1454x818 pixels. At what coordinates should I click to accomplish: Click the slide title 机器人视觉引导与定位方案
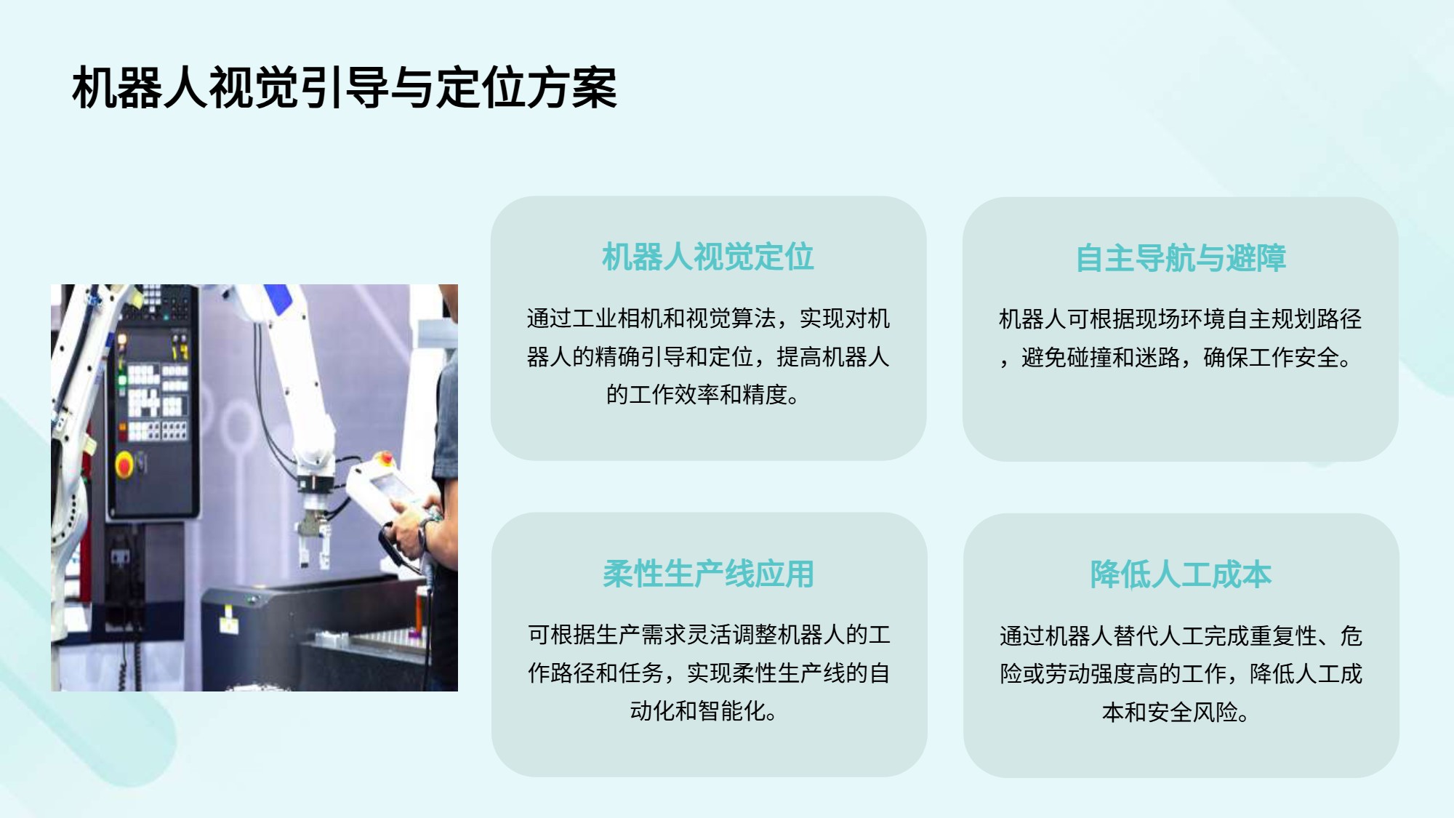(345, 88)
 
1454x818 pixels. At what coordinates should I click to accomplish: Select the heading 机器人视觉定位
(708, 257)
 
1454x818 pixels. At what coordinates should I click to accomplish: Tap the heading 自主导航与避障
(1181, 258)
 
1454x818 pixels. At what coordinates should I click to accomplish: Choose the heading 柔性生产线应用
(708, 574)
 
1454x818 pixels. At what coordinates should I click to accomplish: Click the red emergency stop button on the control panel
(124, 463)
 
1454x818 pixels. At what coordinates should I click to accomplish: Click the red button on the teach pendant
(387, 458)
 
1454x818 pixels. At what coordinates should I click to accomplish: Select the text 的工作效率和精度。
(703, 395)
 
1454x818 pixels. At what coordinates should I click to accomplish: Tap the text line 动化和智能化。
(703, 711)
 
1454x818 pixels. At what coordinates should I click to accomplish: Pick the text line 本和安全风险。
(1176, 712)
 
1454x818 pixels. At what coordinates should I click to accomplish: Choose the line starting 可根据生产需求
(709, 635)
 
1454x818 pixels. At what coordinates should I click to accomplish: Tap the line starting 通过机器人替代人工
(1181, 636)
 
